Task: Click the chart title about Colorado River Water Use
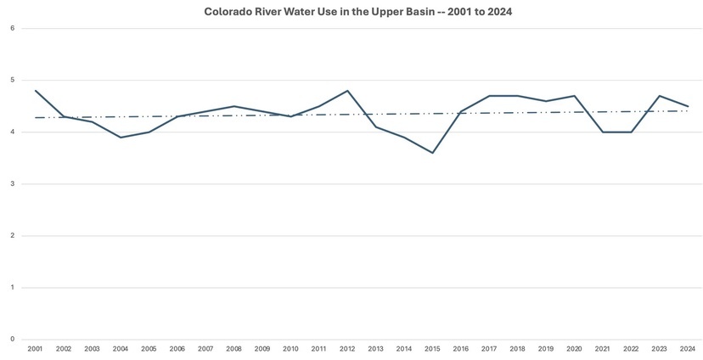coord(351,13)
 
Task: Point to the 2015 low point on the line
coord(433,153)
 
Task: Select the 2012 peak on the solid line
coord(348,91)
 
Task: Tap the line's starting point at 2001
coord(35,91)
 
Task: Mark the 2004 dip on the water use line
coord(121,138)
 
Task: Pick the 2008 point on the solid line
coord(234,106)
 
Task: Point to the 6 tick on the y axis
coord(12,28)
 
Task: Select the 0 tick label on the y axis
coord(12,340)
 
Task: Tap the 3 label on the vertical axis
coord(12,184)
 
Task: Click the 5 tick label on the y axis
coord(12,81)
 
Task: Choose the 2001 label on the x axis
coord(35,349)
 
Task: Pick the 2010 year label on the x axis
coord(291,349)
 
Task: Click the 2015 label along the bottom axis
coord(433,349)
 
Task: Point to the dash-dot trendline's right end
coord(688,111)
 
